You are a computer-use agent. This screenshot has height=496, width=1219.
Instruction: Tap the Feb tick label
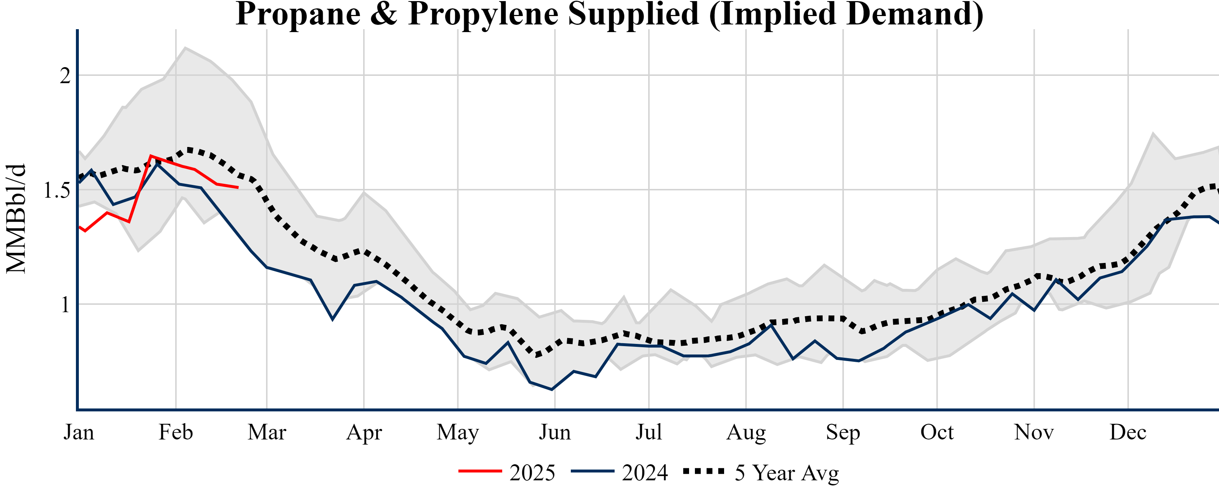tap(176, 432)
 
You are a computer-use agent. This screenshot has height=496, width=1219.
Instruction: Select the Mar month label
tap(267, 432)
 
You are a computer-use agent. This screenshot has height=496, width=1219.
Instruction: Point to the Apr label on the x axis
tap(364, 432)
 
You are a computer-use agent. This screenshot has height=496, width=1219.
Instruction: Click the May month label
tap(458, 432)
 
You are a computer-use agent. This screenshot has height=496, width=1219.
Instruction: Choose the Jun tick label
tap(555, 432)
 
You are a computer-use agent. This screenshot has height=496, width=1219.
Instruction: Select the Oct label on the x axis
tap(937, 432)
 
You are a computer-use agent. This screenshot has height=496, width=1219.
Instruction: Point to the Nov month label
tap(1034, 432)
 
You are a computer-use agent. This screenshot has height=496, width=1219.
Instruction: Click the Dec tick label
tap(1128, 432)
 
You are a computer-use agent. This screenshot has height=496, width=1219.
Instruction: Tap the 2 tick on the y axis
tap(65, 75)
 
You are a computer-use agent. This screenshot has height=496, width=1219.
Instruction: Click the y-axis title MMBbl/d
tap(16, 218)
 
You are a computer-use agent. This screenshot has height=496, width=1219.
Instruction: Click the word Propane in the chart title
tap(298, 14)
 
